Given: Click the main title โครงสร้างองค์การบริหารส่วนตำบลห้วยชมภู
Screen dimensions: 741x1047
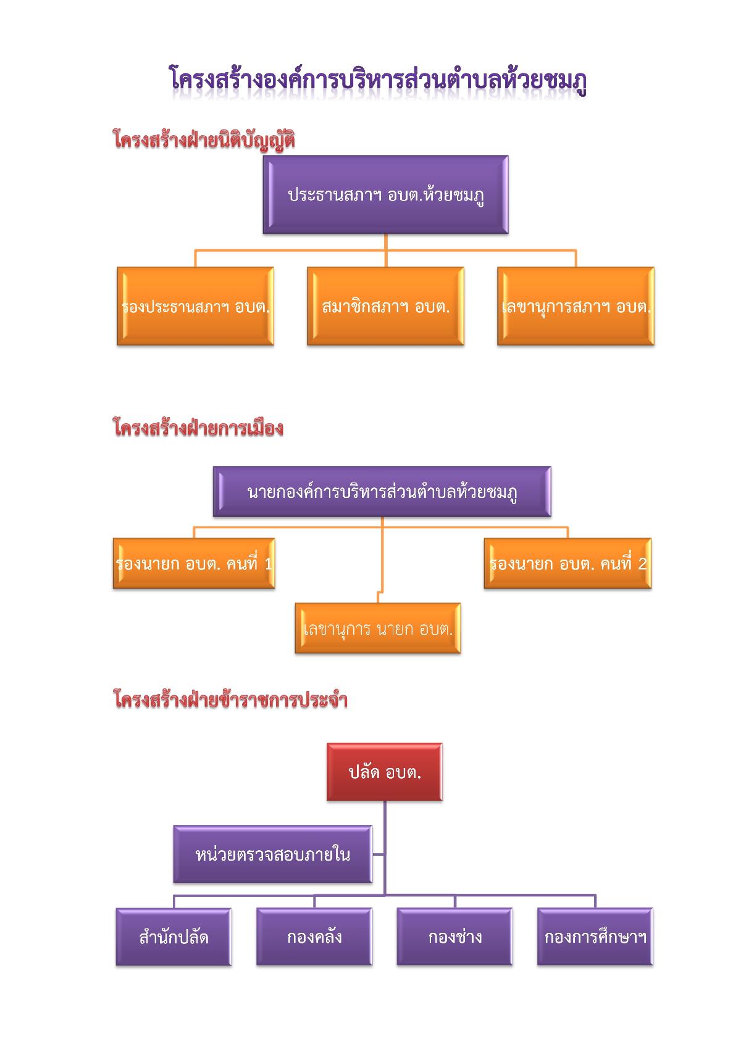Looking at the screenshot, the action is point(377,80).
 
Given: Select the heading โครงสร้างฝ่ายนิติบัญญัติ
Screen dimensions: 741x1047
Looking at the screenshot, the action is point(204,140).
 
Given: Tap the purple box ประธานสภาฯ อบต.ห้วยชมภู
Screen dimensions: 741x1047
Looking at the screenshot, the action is point(385,194).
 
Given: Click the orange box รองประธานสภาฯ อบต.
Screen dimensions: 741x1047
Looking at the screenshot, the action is point(196,306).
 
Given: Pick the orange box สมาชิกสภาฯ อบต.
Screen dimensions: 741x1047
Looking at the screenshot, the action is point(385,306).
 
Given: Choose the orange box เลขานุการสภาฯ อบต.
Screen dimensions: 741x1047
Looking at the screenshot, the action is point(576,306).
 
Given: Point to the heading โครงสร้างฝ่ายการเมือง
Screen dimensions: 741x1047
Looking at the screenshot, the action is point(198,427).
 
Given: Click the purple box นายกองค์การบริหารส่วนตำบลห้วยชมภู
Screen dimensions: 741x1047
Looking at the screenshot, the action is point(382,491).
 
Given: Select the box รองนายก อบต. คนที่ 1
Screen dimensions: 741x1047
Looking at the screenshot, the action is point(194,563).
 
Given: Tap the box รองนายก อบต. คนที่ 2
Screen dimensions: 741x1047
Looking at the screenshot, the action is point(568,563).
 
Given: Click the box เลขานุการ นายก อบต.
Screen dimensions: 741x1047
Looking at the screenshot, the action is point(378,628).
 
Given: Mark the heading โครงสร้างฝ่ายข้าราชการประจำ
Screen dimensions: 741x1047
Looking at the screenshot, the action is point(230,699).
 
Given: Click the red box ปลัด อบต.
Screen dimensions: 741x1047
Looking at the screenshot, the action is point(385,772).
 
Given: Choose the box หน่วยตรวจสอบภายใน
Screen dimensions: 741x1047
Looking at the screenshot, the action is point(273,855).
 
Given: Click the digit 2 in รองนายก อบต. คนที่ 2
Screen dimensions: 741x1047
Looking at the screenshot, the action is point(642,564).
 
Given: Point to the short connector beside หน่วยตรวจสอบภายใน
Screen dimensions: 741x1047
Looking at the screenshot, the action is point(379,855).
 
